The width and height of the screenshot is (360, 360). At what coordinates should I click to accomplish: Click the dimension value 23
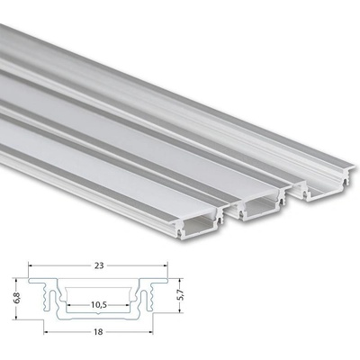click(x=99, y=265)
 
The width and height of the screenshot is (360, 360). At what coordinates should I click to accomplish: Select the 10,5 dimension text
click(x=98, y=305)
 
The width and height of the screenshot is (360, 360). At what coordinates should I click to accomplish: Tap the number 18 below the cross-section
click(x=98, y=332)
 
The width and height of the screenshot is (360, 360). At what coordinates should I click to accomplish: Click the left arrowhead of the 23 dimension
click(x=31, y=265)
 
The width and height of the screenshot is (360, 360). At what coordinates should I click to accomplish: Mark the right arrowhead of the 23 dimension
click(x=165, y=265)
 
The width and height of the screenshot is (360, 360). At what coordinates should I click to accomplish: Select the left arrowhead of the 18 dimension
click(x=47, y=332)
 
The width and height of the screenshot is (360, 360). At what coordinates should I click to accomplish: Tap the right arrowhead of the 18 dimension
click(x=150, y=332)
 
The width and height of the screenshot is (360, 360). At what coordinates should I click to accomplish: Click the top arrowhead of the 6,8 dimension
click(x=17, y=281)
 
